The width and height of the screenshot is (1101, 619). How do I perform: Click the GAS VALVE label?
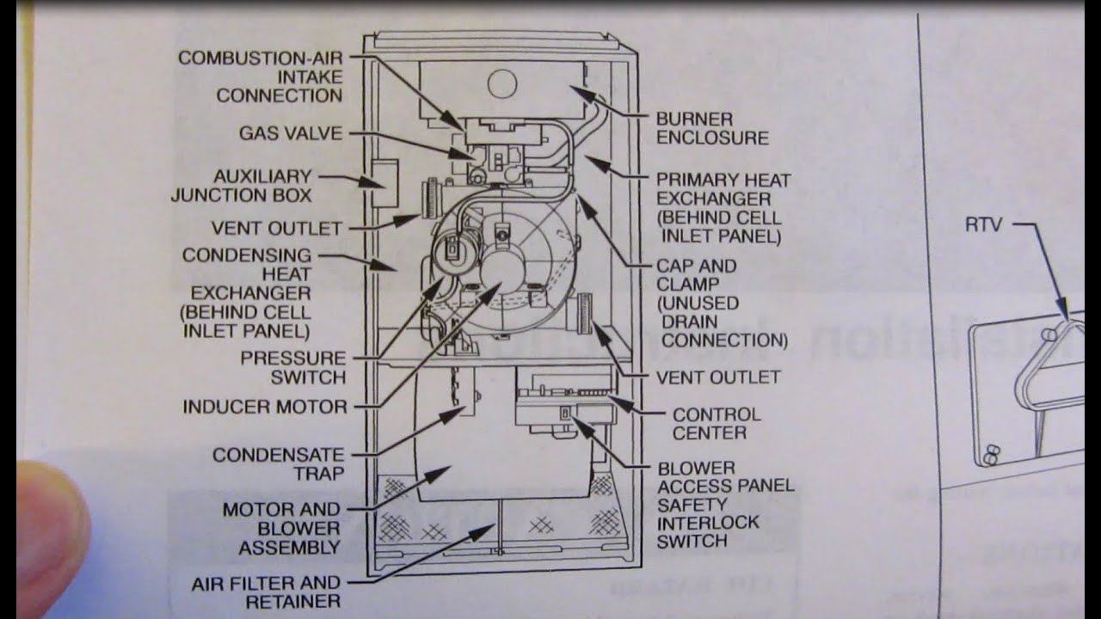click(290, 133)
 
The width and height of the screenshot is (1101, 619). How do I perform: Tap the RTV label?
click(983, 226)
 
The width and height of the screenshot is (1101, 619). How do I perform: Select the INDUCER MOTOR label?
click(264, 407)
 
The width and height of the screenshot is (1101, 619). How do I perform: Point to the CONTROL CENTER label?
click(717, 424)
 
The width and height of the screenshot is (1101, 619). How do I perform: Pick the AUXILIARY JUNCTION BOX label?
click(242, 186)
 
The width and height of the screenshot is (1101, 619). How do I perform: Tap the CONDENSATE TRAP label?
click(279, 463)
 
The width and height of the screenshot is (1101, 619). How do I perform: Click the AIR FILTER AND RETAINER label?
click(266, 592)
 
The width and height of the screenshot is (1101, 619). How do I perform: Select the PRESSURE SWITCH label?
click(293, 367)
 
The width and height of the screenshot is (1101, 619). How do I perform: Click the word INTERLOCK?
click(708, 523)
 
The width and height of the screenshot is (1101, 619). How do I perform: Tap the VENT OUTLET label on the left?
click(276, 229)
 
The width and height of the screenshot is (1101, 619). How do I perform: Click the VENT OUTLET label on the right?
click(718, 377)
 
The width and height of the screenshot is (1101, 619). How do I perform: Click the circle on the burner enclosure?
click(501, 83)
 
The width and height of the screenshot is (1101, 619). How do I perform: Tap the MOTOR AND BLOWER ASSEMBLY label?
click(281, 529)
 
